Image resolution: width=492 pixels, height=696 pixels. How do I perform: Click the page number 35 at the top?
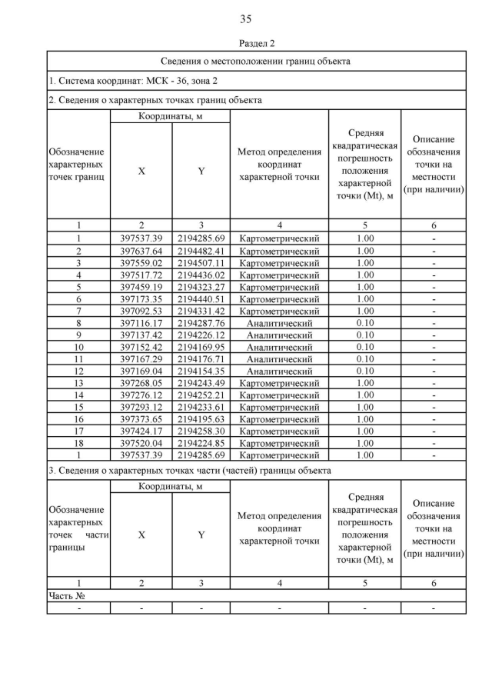pyautogui.click(x=246, y=19)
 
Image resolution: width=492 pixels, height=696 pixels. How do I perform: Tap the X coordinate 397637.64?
pyautogui.click(x=141, y=251)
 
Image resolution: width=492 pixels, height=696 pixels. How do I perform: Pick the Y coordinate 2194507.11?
pyautogui.click(x=201, y=263)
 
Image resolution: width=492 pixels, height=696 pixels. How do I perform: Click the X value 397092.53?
pyautogui.click(x=141, y=311)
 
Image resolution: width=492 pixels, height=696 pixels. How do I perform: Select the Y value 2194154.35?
pyautogui.click(x=201, y=371)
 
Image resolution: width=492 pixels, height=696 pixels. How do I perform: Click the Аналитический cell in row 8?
pyautogui.click(x=280, y=323)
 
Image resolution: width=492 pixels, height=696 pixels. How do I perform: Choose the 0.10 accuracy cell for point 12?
pyautogui.click(x=365, y=371)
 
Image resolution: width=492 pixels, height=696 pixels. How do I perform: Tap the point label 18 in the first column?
pyautogui.click(x=78, y=444)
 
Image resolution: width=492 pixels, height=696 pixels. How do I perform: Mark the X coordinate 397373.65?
pyautogui.click(x=141, y=419)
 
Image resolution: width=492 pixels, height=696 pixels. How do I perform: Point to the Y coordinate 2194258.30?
pyautogui.click(x=201, y=431)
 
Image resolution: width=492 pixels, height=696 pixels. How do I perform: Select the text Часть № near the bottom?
pyautogui.click(x=66, y=596)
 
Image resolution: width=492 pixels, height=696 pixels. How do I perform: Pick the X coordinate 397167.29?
pyautogui.click(x=141, y=359)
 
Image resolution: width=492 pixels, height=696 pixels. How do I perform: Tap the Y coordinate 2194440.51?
pyautogui.click(x=201, y=299)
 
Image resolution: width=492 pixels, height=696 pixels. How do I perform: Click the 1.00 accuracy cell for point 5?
pyautogui.click(x=365, y=287)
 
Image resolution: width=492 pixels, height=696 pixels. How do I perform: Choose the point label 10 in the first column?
pyautogui.click(x=78, y=348)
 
